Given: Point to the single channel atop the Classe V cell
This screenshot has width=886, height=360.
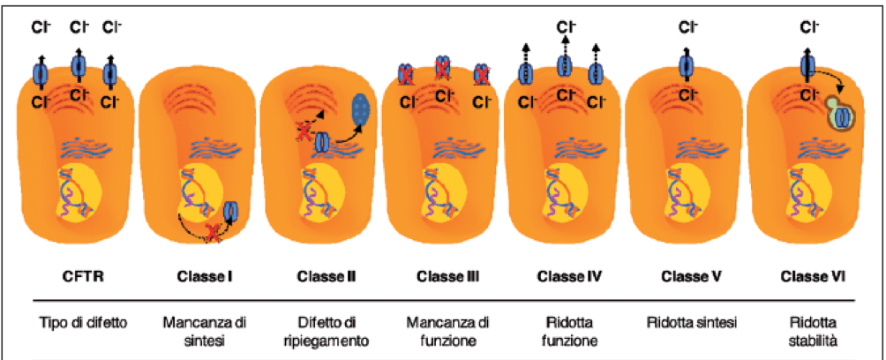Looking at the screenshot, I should pyautogui.click(x=686, y=66).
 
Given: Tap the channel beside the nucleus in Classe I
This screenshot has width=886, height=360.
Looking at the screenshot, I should pyautogui.click(x=232, y=212).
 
